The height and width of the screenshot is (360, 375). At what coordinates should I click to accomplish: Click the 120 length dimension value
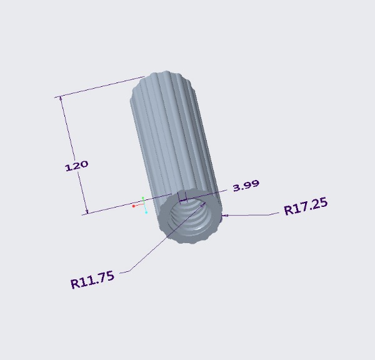[x=76, y=166]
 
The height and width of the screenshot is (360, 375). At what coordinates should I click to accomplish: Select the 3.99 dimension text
[x=246, y=186]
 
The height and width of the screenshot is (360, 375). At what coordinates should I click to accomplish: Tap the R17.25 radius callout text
[x=306, y=206]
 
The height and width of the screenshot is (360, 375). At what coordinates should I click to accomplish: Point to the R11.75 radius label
[x=92, y=279]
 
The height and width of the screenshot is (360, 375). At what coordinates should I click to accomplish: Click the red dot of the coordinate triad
[x=134, y=206]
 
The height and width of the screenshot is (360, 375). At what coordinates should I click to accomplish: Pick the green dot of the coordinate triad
[x=143, y=198]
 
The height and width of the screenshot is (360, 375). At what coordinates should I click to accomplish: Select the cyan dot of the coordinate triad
[x=146, y=212]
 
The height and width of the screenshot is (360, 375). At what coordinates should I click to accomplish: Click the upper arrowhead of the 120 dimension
[x=61, y=97]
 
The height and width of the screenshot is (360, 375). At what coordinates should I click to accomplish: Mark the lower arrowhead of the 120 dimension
[x=87, y=212]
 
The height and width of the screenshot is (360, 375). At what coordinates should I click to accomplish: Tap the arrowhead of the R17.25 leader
[x=225, y=216]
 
